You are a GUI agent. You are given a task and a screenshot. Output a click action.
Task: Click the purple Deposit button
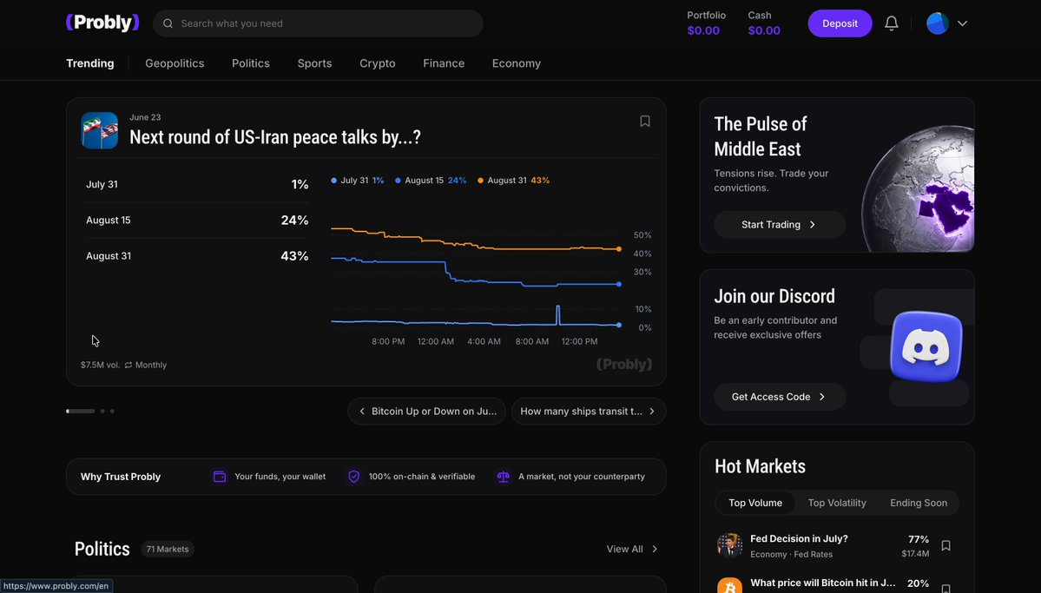pyautogui.click(x=840, y=23)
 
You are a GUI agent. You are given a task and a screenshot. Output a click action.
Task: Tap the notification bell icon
pyautogui.click(x=892, y=23)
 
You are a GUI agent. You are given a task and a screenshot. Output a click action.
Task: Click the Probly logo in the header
pyautogui.click(x=102, y=23)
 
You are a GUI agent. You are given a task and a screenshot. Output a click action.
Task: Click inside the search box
pyautogui.click(x=318, y=23)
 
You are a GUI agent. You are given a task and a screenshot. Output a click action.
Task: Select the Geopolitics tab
pyautogui.click(x=175, y=63)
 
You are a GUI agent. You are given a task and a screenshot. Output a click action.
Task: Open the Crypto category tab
pyautogui.click(x=377, y=63)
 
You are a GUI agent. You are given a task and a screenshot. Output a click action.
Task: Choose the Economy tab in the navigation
pyautogui.click(x=517, y=63)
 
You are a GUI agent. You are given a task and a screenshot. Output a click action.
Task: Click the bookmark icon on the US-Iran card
pyautogui.click(x=644, y=121)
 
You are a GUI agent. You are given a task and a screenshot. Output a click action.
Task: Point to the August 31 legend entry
pyautogui.click(x=513, y=181)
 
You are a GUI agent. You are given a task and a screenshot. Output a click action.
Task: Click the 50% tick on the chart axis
pyautogui.click(x=642, y=235)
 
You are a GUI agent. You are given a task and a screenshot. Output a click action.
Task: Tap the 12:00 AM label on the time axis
pyautogui.click(x=436, y=341)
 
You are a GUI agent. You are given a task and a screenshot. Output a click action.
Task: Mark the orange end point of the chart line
pyautogui.click(x=619, y=249)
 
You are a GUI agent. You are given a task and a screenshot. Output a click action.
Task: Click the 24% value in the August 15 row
pyautogui.click(x=295, y=220)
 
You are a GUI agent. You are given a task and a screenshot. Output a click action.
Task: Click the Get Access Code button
pyautogui.click(x=780, y=397)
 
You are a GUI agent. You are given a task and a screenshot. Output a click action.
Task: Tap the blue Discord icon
pyautogui.click(x=926, y=346)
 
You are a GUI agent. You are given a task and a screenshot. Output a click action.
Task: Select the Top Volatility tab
pyautogui.click(x=836, y=503)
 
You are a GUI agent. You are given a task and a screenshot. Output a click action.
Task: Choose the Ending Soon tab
pyautogui.click(x=919, y=503)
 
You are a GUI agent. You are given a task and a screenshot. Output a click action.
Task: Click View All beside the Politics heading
pyautogui.click(x=631, y=550)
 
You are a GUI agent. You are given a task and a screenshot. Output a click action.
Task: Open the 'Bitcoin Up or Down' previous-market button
pyautogui.click(x=427, y=411)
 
